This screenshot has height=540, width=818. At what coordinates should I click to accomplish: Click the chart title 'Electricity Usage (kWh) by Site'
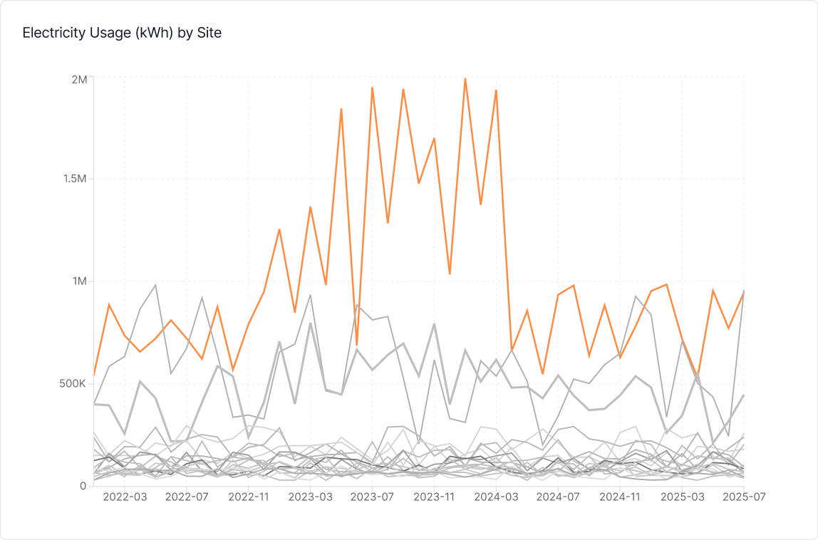coord(122,33)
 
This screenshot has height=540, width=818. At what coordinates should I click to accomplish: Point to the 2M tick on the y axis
coord(78,79)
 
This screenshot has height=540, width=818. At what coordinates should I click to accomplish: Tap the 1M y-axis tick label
coord(78,281)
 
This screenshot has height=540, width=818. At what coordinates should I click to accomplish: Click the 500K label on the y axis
coord(72,383)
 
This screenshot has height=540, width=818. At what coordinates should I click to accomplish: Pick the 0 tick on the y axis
coord(83,486)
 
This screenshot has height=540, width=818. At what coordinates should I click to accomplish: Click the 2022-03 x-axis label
coord(124,497)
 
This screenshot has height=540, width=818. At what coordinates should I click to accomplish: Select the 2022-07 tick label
coord(186,497)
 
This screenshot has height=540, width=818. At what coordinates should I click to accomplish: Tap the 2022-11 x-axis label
coord(248,497)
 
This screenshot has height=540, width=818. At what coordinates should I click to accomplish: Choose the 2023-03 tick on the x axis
coord(310,497)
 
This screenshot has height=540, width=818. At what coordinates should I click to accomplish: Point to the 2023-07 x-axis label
coord(372,497)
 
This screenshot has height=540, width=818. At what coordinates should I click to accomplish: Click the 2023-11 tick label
coord(434,497)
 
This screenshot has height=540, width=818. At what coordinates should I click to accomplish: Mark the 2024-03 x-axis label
coord(496,497)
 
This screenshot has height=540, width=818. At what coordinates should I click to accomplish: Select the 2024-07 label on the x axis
coord(558,497)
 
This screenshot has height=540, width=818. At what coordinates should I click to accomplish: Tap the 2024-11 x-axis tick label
coord(620,497)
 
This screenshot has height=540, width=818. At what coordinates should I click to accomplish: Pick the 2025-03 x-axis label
coord(682,497)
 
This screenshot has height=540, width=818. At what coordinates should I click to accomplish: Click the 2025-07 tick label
coord(742,497)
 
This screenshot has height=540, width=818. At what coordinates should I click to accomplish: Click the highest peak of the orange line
coord(465,78)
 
